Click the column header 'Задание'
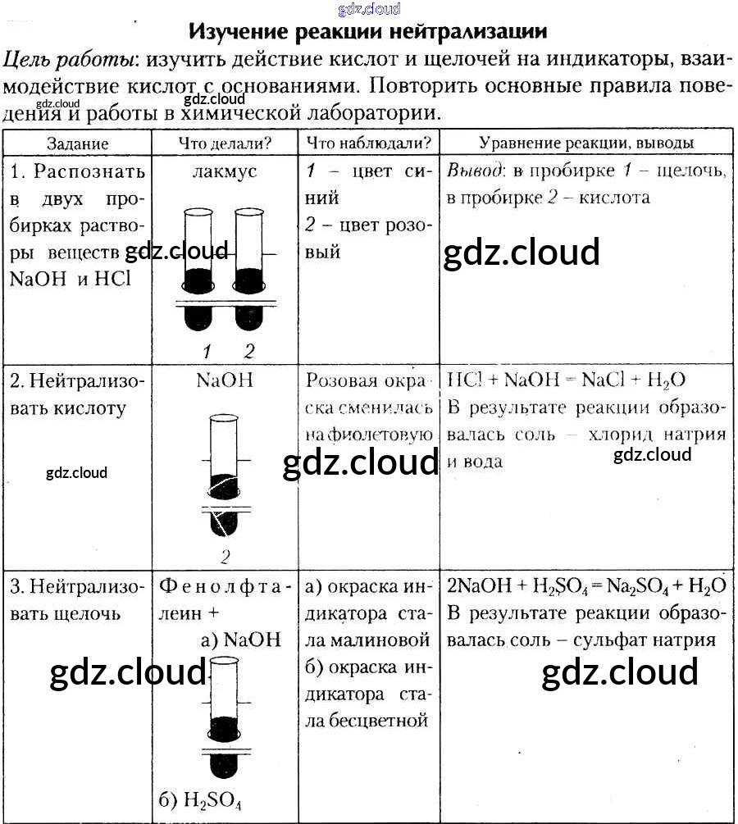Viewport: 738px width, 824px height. click(77, 143)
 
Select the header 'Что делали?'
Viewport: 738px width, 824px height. click(225, 143)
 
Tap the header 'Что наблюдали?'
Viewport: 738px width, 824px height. click(368, 143)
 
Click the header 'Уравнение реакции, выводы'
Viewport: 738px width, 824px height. click(586, 143)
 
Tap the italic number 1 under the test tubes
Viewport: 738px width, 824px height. click(207, 352)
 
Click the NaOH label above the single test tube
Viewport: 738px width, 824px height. click(225, 380)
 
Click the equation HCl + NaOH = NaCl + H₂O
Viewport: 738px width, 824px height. click(566, 380)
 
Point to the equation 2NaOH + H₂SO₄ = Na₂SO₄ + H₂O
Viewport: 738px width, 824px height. click(586, 586)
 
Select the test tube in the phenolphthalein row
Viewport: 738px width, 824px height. click(223, 713)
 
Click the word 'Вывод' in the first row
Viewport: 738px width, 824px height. click(474, 171)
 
